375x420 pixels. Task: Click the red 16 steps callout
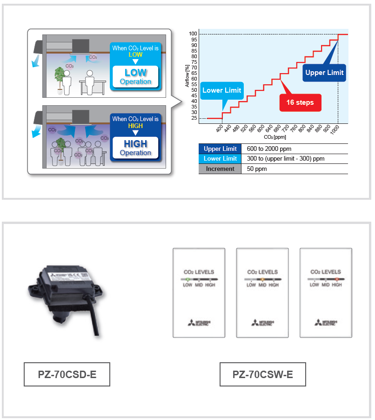pyautogui.click(x=300, y=102)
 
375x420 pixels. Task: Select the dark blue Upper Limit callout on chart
pyautogui.click(x=324, y=73)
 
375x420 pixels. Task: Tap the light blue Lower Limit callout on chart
pyautogui.click(x=221, y=90)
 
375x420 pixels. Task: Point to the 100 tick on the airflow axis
pyautogui.click(x=193, y=34)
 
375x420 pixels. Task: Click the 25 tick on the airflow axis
pyautogui.click(x=194, y=118)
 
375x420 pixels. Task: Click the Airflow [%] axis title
pyautogui.click(x=187, y=77)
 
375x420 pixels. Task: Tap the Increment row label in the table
pyautogui.click(x=220, y=169)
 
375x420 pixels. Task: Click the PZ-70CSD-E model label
pyautogui.click(x=67, y=374)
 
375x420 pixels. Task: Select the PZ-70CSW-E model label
pyautogui.click(x=263, y=374)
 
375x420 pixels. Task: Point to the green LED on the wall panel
pyautogui.click(x=187, y=279)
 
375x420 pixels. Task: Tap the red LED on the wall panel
pyautogui.click(x=336, y=279)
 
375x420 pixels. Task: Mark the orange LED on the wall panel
pyautogui.click(x=262, y=279)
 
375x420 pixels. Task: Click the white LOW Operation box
pyautogui.click(x=135, y=77)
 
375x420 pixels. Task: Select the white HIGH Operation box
pyautogui.click(x=135, y=148)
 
